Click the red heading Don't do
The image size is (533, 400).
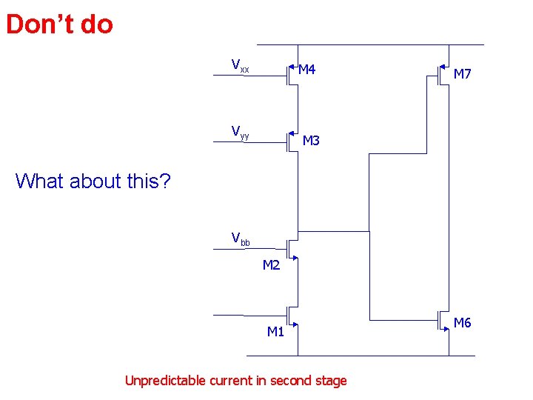(x=59, y=24)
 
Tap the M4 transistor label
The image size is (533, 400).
(x=307, y=70)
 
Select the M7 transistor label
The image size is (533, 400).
(x=463, y=74)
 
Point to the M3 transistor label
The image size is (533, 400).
(x=311, y=141)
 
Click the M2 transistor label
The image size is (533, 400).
(x=271, y=266)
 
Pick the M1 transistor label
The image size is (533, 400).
(x=275, y=332)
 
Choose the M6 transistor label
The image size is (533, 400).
(x=463, y=323)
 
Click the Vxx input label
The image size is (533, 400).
(x=240, y=66)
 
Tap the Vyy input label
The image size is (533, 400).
(x=240, y=133)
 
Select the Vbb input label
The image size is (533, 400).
(x=241, y=239)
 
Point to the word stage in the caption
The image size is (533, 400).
(x=329, y=381)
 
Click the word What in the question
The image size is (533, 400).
(x=38, y=181)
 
